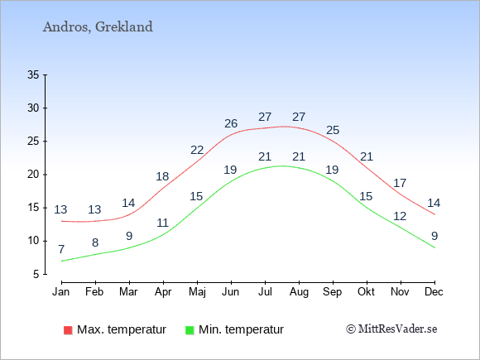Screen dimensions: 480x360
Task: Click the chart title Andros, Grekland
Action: click(98, 27)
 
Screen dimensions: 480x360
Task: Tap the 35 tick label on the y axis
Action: click(33, 74)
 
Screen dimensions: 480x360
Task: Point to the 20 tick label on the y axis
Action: click(33, 175)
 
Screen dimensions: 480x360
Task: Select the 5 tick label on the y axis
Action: click(36, 274)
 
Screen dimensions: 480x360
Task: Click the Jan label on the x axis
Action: click(61, 292)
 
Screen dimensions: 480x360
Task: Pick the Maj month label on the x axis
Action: click(197, 292)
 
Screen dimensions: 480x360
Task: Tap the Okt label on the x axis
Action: click(366, 292)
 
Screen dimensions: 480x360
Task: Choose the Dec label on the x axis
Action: click(434, 292)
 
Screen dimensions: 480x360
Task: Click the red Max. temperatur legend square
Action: click(68, 330)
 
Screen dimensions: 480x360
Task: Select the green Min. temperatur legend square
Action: click(190, 330)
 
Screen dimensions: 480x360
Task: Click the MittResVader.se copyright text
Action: click(391, 329)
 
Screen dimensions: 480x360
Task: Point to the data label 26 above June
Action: click(231, 123)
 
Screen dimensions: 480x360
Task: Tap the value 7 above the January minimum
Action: click(61, 249)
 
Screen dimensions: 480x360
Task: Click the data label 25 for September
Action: click(333, 131)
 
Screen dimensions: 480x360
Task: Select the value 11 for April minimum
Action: click(163, 223)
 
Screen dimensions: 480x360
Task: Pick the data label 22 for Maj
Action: click(197, 151)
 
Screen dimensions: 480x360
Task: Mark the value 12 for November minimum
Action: click(400, 217)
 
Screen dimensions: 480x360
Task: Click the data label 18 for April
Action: click(162, 176)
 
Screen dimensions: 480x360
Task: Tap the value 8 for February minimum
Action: click(95, 242)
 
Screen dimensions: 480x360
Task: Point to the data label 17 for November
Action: click(400, 184)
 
